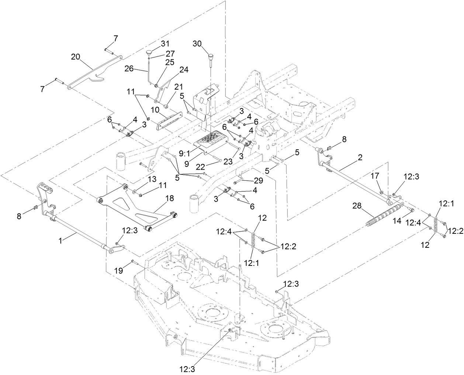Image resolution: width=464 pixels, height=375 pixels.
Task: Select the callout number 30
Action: pos(198,44)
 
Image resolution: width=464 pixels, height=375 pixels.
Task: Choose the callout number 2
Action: pos(360,157)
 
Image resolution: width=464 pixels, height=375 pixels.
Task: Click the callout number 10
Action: pos(155,110)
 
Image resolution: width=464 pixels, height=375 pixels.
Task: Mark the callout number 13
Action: pos(142,179)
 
